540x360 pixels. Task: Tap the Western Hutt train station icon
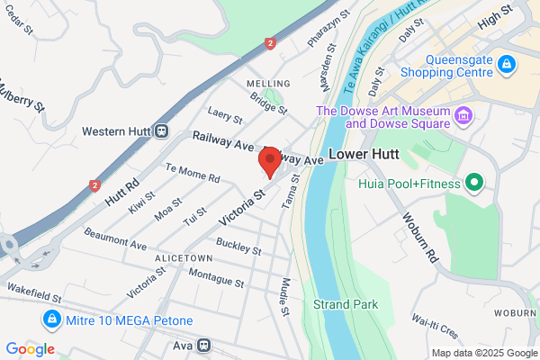click(x=161, y=131)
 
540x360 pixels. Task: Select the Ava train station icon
click(x=204, y=345)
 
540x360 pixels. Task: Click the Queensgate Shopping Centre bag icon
click(x=507, y=64)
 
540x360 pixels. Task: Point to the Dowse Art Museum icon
click(x=464, y=115)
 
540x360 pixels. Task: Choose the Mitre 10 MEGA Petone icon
click(x=52, y=319)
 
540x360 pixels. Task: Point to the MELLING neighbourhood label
click(x=267, y=84)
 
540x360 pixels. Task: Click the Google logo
click(x=30, y=348)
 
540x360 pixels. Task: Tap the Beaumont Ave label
click(x=115, y=239)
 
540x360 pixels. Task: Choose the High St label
click(x=518, y=17)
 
